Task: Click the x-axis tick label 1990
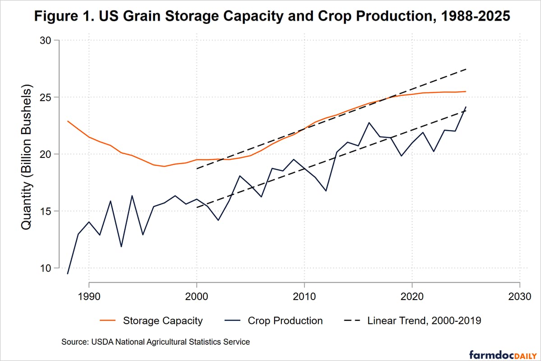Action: pos(89,298)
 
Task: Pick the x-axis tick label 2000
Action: pos(197,298)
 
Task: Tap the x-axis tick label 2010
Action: pos(304,298)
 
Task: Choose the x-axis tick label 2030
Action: pos(520,298)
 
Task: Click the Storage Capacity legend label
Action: pos(162,321)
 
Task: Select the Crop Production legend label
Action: pos(285,321)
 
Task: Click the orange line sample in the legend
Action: pos(107,321)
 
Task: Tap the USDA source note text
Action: pos(156,342)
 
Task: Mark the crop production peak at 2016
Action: pos(369,123)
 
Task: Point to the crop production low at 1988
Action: pos(68,273)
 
